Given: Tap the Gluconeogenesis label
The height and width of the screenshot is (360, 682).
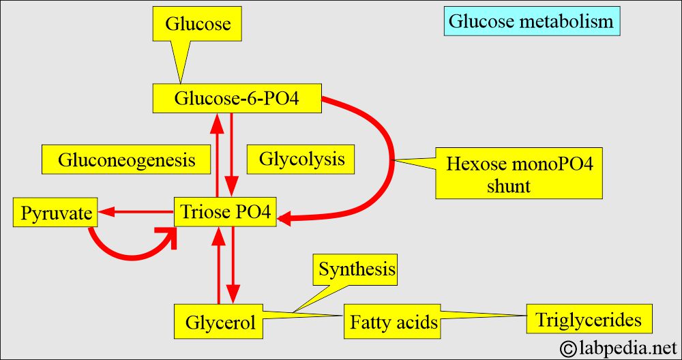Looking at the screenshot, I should [126, 160].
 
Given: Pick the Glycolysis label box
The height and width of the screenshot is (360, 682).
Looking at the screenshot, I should [301, 160].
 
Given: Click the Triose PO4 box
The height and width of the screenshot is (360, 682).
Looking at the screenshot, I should [225, 213].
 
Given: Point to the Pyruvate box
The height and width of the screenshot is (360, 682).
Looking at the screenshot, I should [56, 213].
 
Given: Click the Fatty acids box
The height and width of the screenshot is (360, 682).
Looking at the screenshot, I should [394, 322].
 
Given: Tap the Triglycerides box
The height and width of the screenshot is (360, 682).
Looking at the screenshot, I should [589, 319].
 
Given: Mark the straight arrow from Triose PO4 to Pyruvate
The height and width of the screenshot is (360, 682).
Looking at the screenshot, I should [136, 213].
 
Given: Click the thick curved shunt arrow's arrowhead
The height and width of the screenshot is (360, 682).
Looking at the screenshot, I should [285, 218].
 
